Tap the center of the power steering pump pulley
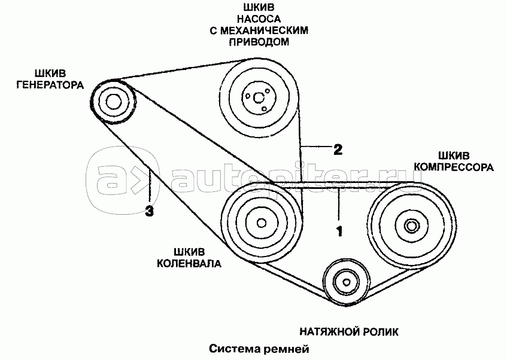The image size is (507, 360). pyautogui.click(x=258, y=96)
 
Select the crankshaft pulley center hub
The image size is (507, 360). pyautogui.click(x=261, y=223)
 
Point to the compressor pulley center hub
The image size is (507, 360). pyautogui.click(x=411, y=226)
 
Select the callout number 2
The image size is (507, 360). pyautogui.click(x=338, y=149)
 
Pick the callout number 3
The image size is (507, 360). pyautogui.click(x=150, y=210)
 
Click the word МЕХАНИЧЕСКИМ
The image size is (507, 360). pyautogui.click(x=266, y=32)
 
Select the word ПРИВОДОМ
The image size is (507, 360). pyautogui.click(x=258, y=42)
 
